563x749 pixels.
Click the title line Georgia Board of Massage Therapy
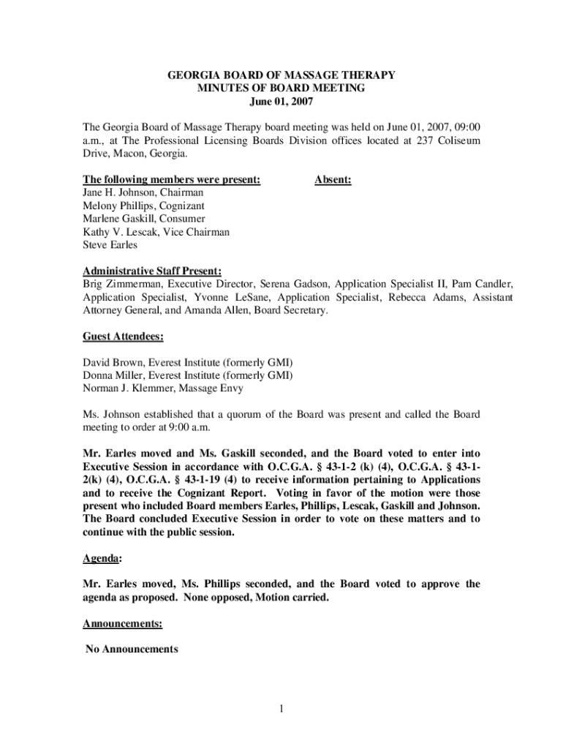[x=281, y=75]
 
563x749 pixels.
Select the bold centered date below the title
[x=281, y=102]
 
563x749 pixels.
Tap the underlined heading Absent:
[x=333, y=179]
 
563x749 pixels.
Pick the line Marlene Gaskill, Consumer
[x=143, y=219]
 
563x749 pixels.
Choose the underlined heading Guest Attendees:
[x=123, y=337]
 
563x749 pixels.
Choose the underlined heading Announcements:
[x=122, y=624]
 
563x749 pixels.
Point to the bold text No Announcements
[x=132, y=649]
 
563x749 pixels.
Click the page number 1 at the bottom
[x=281, y=708]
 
